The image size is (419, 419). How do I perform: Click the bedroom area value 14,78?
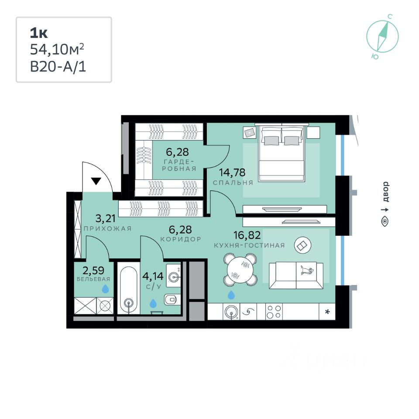click(232, 173)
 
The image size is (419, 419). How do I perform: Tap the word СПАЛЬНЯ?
click(233, 183)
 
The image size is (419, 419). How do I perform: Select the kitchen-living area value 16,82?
click(247, 235)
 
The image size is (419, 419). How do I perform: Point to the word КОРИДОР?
click(181, 239)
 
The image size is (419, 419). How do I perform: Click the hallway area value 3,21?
click(106, 219)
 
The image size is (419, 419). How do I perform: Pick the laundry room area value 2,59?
click(93, 271)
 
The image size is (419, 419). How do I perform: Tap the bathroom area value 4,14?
click(153, 276)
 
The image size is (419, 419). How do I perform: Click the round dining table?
click(240, 270)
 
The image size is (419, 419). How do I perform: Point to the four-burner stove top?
click(274, 312)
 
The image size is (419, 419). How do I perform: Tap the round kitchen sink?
click(231, 312)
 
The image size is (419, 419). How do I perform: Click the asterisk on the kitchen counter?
click(327, 312)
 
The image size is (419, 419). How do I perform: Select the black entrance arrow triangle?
click(96, 181)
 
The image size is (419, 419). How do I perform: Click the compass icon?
click(382, 36)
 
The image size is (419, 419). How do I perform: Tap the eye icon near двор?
click(385, 222)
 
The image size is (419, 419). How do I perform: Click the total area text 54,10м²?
click(57, 49)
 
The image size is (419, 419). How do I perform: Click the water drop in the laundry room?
click(105, 289)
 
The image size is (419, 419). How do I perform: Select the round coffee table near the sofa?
click(303, 245)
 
